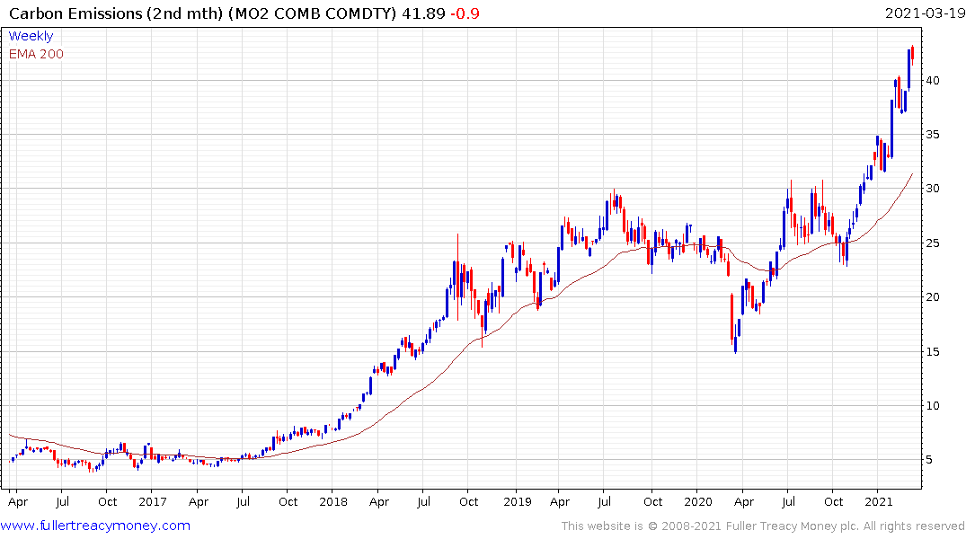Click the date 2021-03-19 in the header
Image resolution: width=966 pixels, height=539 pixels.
tap(923, 13)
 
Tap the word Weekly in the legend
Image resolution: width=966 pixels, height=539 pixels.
tap(31, 36)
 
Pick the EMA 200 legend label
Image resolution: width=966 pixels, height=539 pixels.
tap(36, 53)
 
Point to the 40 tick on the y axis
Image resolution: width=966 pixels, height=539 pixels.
tap(935, 81)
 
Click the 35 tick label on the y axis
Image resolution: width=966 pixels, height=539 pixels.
tap(935, 135)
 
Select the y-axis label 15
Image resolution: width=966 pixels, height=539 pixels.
tap(935, 351)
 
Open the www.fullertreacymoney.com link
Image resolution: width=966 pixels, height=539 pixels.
tap(96, 526)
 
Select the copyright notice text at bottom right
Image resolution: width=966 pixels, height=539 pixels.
tap(763, 526)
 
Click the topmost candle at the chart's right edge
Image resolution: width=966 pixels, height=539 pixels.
tap(913, 55)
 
